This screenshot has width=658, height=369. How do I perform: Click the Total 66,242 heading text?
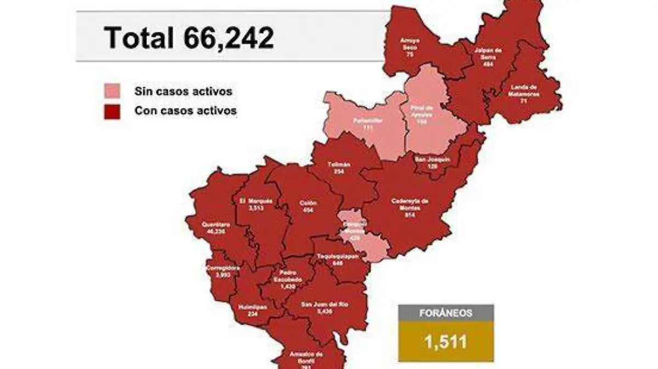tap(189, 38)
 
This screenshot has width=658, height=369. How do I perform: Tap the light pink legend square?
tap(112, 92)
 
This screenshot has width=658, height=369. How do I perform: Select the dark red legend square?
tap(112, 111)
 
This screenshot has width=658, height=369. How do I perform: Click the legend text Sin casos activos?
tap(183, 92)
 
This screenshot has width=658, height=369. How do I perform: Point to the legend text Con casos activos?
tap(185, 111)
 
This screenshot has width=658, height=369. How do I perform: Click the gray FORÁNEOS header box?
tap(446, 313)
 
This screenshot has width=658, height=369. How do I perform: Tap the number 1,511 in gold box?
tap(445, 342)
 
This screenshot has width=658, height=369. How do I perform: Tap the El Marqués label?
tap(256, 205)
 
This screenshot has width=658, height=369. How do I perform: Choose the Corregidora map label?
tap(222, 271)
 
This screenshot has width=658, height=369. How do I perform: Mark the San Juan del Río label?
tap(326, 307)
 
